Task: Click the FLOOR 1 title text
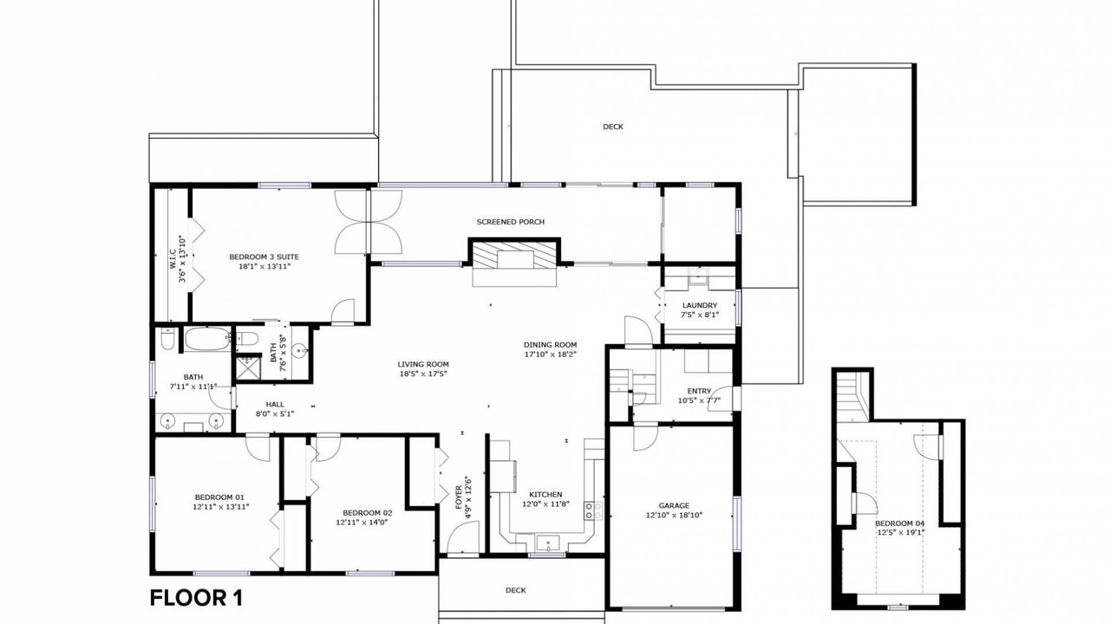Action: coord(196,598)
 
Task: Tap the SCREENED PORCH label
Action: coord(511,222)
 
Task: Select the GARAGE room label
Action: coord(674,505)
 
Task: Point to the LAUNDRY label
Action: coord(699,306)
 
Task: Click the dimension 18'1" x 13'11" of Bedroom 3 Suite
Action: coord(264,266)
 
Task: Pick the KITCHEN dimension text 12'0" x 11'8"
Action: coord(545,504)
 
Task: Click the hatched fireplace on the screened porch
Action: coord(514,255)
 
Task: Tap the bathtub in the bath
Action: coord(207,339)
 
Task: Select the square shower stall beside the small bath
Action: coord(248,368)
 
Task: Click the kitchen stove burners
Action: coord(593,511)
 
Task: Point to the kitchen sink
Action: coord(548,543)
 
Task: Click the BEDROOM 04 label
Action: coord(899,523)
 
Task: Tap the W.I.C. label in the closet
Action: coord(173,259)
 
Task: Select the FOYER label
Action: coord(459,497)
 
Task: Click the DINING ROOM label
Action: coord(550,345)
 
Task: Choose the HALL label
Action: coord(275,405)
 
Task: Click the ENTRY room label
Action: coord(699,391)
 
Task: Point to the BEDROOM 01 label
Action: coord(219,497)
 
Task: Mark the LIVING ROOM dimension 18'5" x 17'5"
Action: coord(423,374)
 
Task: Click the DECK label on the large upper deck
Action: coord(613,127)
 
